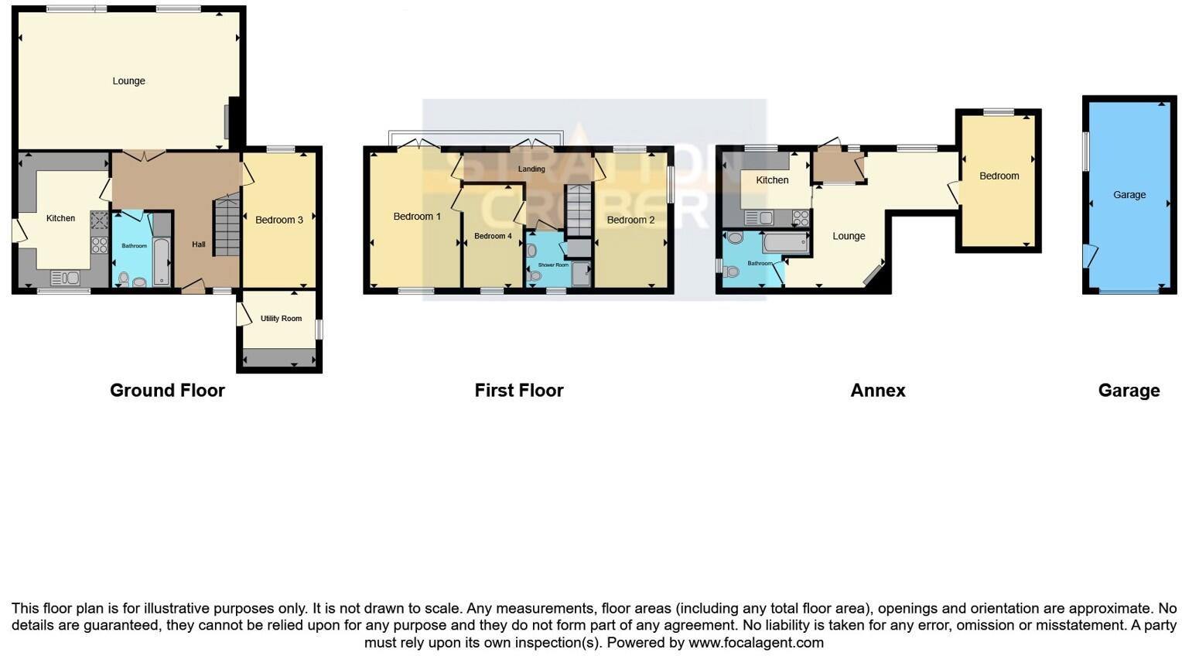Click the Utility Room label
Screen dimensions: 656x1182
281,319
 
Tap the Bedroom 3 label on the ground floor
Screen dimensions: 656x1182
279,220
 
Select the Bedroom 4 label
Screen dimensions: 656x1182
493,236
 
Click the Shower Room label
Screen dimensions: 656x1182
553,265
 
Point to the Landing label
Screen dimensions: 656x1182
531,169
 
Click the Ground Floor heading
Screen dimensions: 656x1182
167,391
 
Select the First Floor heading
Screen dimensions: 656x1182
518,391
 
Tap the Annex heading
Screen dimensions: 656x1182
877,391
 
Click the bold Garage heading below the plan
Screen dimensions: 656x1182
1128,391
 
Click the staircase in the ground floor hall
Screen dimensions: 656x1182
227,226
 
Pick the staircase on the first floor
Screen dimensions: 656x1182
578,210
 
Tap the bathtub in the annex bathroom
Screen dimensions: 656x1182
785,244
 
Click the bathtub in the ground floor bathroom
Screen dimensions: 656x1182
162,263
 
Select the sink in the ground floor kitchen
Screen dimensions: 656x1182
65,277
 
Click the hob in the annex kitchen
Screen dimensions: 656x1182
800,218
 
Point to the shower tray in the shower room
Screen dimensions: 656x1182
581,275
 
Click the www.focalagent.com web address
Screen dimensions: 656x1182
756,643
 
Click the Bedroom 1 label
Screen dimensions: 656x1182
417,217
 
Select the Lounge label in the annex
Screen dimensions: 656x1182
849,237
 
